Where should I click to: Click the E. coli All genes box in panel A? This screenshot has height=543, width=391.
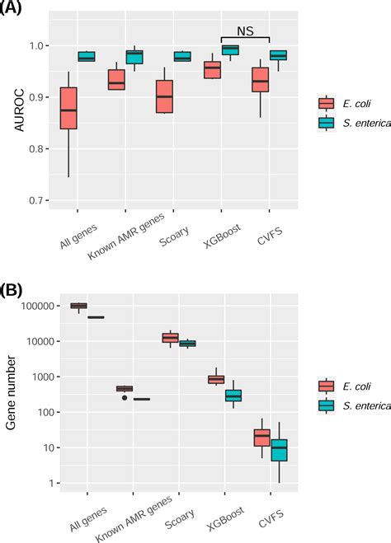pos(68,108)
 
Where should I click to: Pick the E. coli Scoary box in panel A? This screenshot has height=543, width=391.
pos(165,96)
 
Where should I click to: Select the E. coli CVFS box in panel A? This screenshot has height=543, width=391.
pos(261,80)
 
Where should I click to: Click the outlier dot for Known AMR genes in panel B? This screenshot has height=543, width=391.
pos(125,397)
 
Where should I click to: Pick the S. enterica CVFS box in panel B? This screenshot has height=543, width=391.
pos(279,450)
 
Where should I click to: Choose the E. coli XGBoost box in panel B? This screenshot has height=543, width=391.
pos(216,379)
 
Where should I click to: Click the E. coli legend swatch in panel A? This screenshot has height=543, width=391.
pos(327,103)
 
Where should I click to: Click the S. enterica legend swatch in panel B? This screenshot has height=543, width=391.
pos(327,405)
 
